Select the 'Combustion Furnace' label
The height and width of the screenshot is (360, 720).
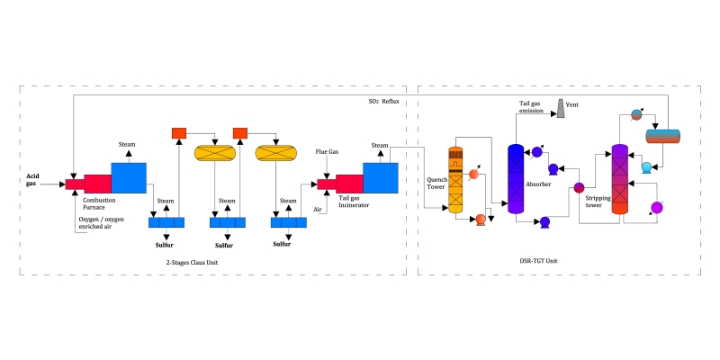[x=99, y=203]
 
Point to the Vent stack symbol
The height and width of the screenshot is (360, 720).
[x=560, y=108]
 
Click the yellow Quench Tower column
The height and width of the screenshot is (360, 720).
[x=455, y=180]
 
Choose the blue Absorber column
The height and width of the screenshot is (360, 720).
[x=516, y=177]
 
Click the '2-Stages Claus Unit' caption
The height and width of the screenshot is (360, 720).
[x=192, y=262]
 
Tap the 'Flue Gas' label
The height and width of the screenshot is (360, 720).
[x=327, y=152]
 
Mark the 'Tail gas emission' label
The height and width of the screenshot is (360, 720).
[x=530, y=108]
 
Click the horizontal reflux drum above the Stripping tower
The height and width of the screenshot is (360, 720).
[x=663, y=136]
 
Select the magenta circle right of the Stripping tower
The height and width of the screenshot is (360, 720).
[x=657, y=208]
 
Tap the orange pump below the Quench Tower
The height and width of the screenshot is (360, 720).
[x=481, y=219]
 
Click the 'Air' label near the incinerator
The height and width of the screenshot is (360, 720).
[x=317, y=210]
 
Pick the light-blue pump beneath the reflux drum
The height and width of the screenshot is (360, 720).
[x=646, y=166]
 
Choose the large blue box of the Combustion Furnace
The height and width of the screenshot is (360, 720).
[x=128, y=177]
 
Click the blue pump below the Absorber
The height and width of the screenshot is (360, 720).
[x=544, y=220]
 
